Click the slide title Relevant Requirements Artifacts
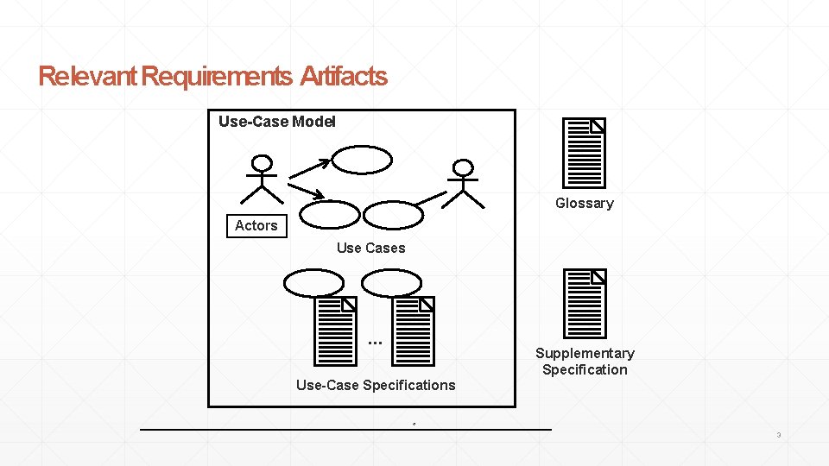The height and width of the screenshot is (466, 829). [x=212, y=77]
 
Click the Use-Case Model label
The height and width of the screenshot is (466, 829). [x=277, y=122]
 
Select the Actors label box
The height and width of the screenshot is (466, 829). [x=256, y=225]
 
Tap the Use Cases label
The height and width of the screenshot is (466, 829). [x=370, y=248]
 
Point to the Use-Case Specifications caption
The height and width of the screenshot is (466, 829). [x=376, y=385]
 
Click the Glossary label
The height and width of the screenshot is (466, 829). [x=585, y=203]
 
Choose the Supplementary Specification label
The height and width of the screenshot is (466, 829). [x=585, y=361]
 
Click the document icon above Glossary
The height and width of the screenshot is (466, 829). [x=584, y=153]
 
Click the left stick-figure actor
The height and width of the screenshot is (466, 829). [x=261, y=181]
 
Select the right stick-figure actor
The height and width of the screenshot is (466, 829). [x=464, y=184]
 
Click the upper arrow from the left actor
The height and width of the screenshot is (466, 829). [x=308, y=168]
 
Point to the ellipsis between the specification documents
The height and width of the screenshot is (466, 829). [x=374, y=343]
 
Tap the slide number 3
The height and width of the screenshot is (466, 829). [x=778, y=435]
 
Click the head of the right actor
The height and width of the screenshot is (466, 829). [x=464, y=167]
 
